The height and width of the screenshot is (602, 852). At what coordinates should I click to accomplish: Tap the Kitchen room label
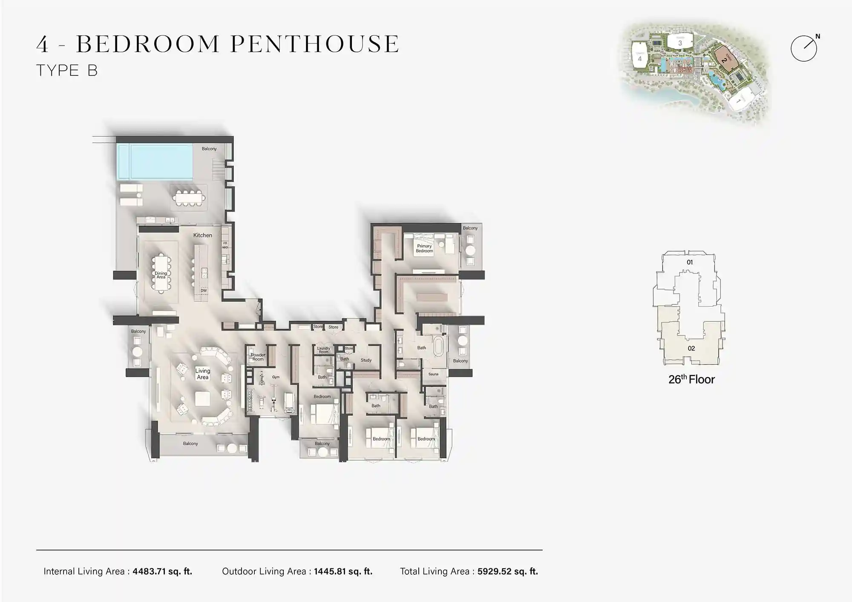(202, 235)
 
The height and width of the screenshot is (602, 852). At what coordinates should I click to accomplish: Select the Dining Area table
(161, 273)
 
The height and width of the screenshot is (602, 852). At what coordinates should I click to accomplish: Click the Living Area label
(203, 374)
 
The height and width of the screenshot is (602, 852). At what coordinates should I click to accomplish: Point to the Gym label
(276, 377)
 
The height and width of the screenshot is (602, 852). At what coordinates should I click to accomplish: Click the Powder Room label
(258, 357)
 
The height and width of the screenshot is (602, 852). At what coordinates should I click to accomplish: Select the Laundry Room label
(323, 350)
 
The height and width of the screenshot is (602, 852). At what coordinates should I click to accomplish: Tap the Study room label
(366, 360)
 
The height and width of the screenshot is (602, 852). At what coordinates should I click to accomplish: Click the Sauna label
(433, 374)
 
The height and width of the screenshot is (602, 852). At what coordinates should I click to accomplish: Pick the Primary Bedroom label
(424, 248)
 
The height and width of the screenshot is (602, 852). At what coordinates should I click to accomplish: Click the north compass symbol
(804, 48)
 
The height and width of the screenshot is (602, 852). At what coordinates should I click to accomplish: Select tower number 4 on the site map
(639, 59)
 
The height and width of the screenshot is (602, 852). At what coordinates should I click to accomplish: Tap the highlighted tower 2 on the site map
(725, 60)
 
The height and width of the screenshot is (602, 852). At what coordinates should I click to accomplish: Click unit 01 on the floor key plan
(690, 262)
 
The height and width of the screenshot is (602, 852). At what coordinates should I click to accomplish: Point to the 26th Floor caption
(691, 379)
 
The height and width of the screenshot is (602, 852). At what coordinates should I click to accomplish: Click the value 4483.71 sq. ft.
(162, 571)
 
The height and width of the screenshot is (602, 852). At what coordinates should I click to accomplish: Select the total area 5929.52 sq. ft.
(507, 571)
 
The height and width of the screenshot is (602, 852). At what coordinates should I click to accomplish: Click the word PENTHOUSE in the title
(315, 44)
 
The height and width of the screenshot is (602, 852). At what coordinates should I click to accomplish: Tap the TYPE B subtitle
(67, 70)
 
